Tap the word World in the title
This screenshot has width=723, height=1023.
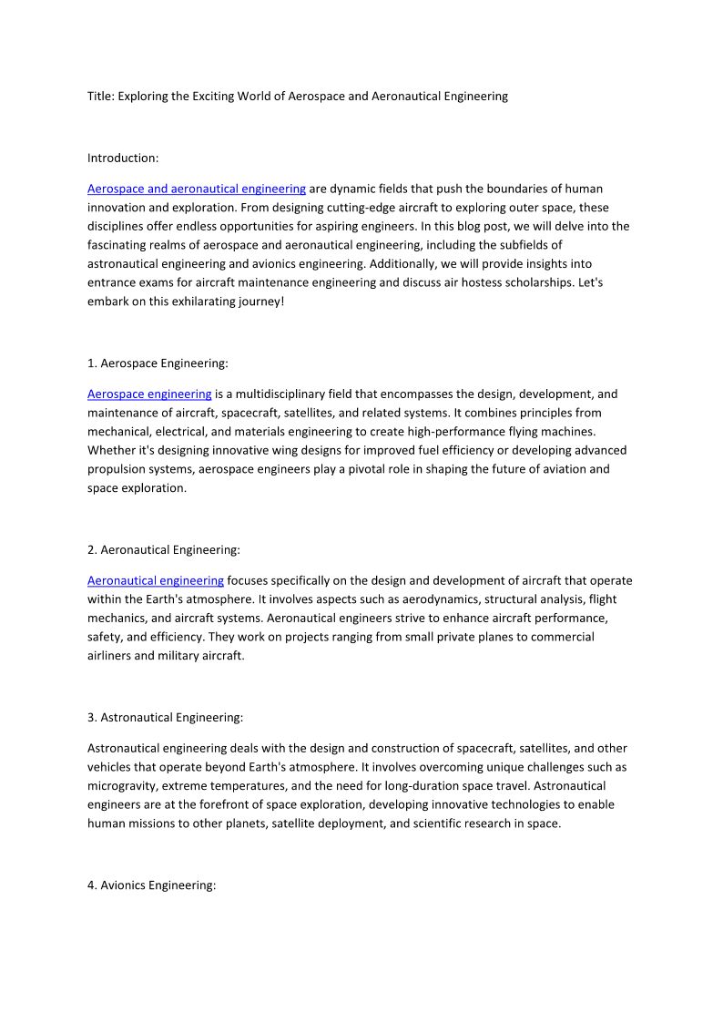(x=255, y=96)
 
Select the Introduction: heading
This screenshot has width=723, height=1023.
(x=123, y=158)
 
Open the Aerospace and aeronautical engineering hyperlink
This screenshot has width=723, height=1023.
(x=197, y=189)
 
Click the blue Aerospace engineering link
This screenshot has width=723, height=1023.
(x=149, y=394)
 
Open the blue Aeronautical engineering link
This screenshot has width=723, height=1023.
(x=156, y=580)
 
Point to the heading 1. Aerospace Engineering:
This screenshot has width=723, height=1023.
(x=158, y=363)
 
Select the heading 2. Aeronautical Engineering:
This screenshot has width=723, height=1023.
(x=164, y=549)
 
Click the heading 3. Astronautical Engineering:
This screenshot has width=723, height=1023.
(x=166, y=717)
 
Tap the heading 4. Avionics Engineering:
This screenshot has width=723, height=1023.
(x=151, y=885)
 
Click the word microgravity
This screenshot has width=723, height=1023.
(x=122, y=785)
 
